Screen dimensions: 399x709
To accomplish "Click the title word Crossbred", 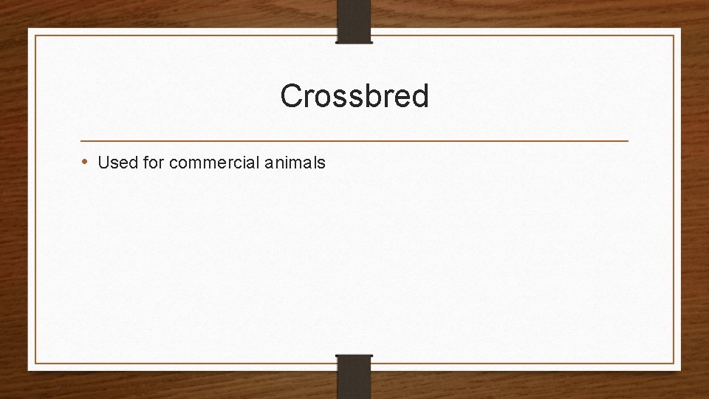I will (354, 96).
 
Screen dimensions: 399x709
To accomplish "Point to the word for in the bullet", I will (153, 163).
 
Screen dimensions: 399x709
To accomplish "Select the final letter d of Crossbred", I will (419, 96).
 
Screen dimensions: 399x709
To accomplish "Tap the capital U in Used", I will (103, 163).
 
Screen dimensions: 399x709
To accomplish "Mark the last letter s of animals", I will (321, 163).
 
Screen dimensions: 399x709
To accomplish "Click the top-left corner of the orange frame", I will (35, 35).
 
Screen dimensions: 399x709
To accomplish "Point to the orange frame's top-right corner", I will (674, 35).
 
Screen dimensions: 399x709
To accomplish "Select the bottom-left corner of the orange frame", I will (35, 363).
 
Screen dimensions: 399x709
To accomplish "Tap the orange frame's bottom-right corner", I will (674, 363).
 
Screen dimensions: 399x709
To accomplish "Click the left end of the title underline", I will (81, 140).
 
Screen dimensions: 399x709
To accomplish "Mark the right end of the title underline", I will (628, 140).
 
